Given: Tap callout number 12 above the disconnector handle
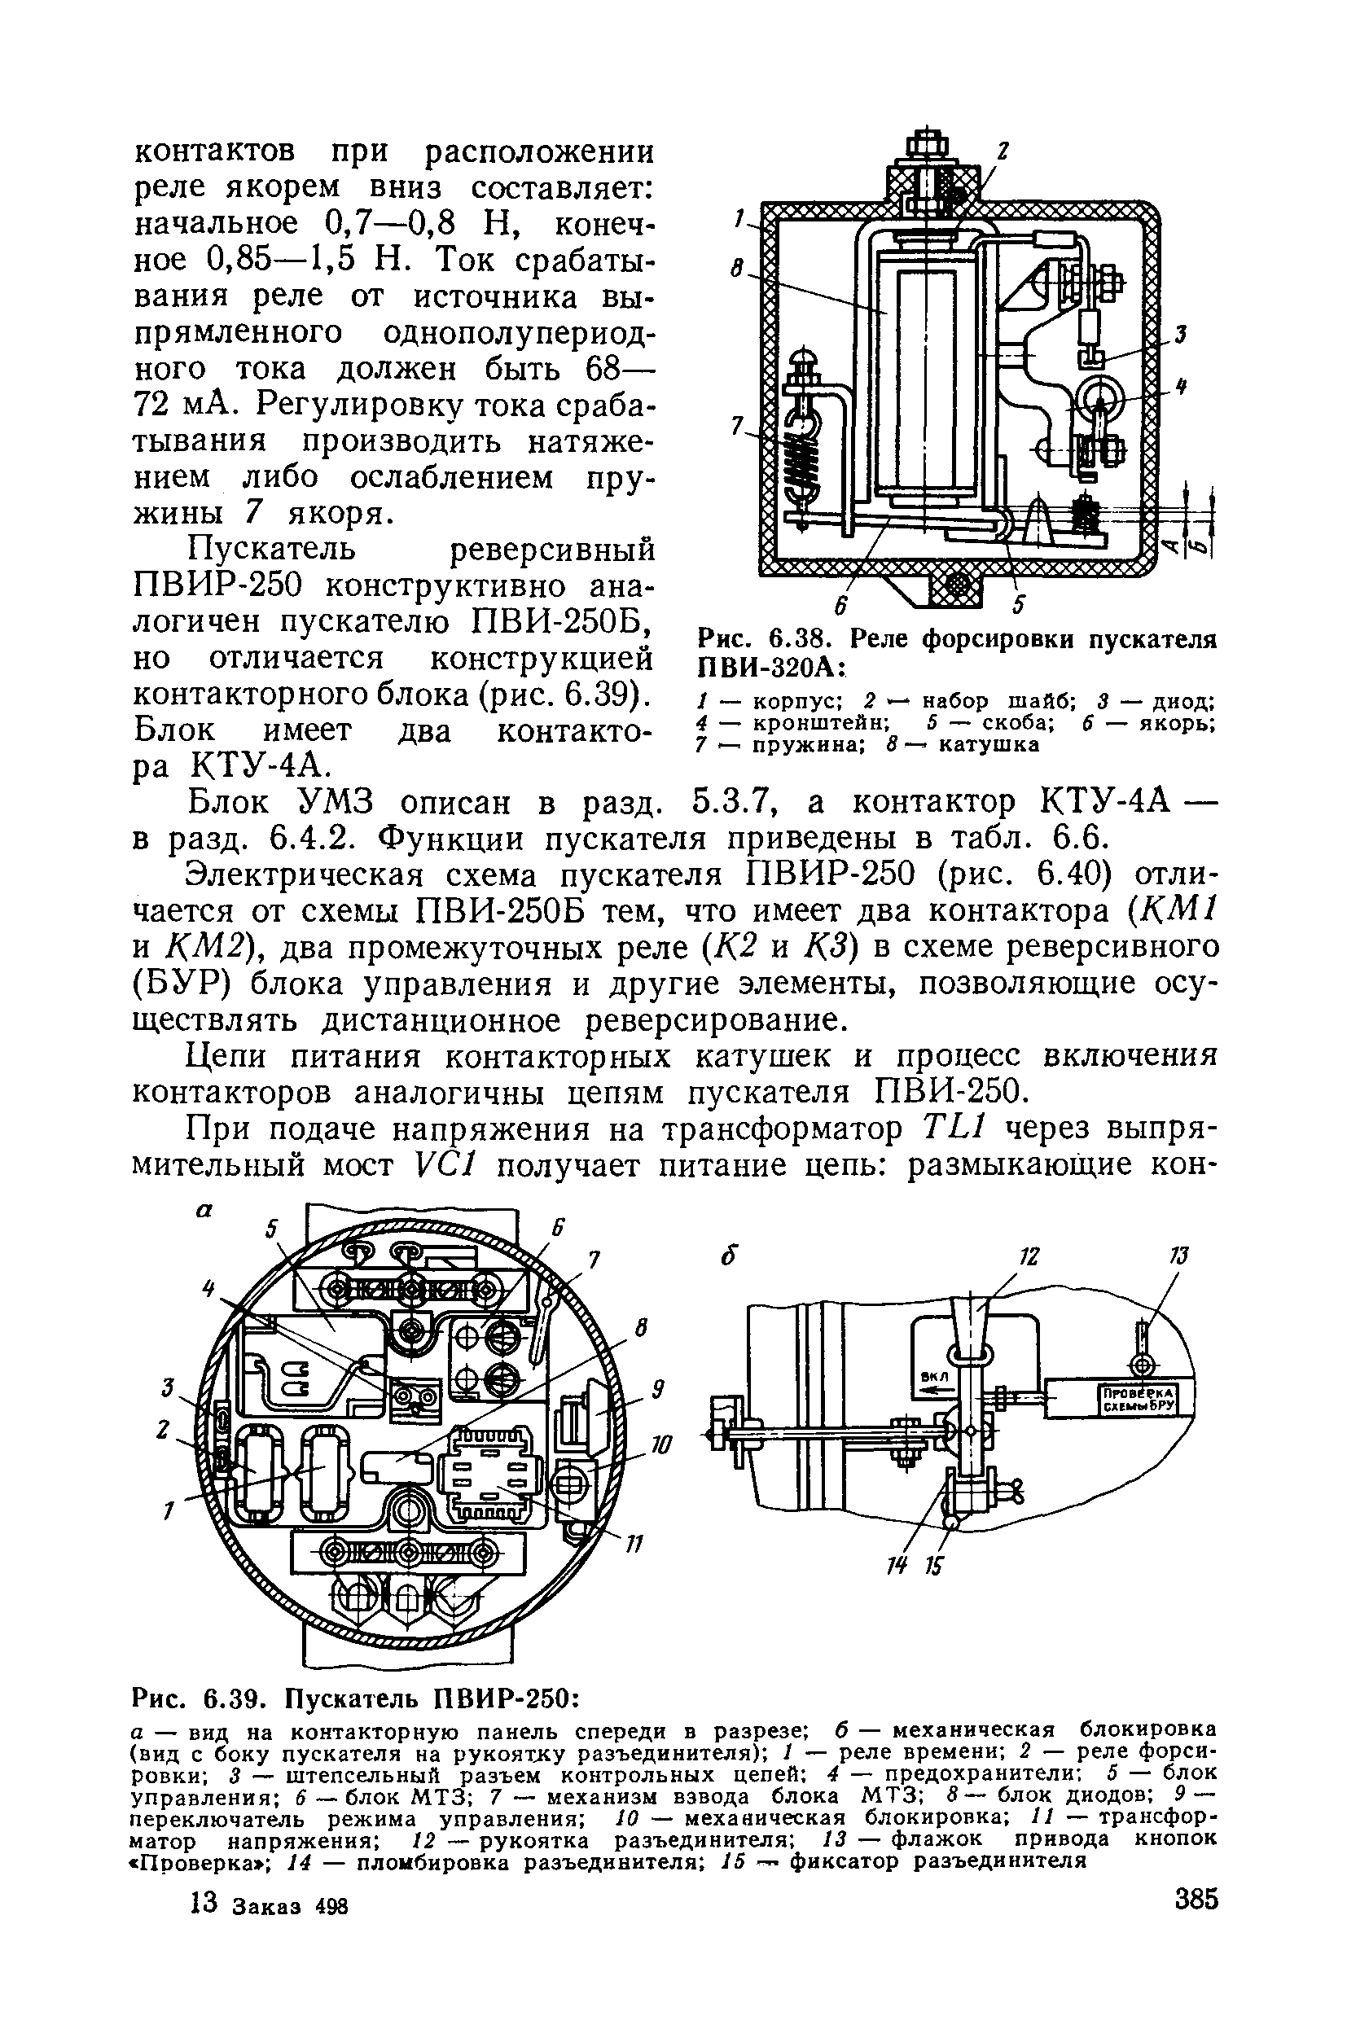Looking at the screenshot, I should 1029,1256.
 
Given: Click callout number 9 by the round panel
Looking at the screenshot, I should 657,1389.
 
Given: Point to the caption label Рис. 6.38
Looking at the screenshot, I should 766,640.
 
